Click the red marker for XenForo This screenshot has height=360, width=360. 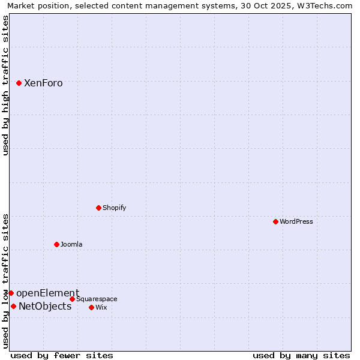pyautogui.click(x=19, y=83)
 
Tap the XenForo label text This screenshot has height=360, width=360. pyautogui.click(x=43, y=83)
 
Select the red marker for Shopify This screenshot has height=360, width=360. pyautogui.click(x=98, y=208)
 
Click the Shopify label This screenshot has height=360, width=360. pyautogui.click(x=114, y=208)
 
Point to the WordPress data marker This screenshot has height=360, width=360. pyautogui.click(x=275, y=221)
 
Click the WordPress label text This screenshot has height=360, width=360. pyautogui.click(x=296, y=221)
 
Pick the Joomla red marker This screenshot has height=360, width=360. pyautogui.click(x=56, y=244)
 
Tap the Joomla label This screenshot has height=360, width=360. pyautogui.click(x=71, y=244)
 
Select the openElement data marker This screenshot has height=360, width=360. pyautogui.click(x=11, y=293)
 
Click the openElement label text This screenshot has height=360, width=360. pyautogui.click(x=47, y=293)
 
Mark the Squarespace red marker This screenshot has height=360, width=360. pyautogui.click(x=72, y=299)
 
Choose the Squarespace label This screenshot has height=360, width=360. pyautogui.click(x=97, y=299)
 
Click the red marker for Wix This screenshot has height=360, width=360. pyautogui.click(x=91, y=307)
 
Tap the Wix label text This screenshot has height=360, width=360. pyautogui.click(x=101, y=307)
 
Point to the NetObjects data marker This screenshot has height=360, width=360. pyautogui.click(x=13, y=306)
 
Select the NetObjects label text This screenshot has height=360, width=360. pyautogui.click(x=45, y=307)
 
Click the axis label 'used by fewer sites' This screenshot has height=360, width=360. pyautogui.click(x=62, y=355)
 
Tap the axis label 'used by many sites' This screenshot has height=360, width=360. pyautogui.click(x=301, y=355)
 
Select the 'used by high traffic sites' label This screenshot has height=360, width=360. pyautogui.click(x=6, y=85)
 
